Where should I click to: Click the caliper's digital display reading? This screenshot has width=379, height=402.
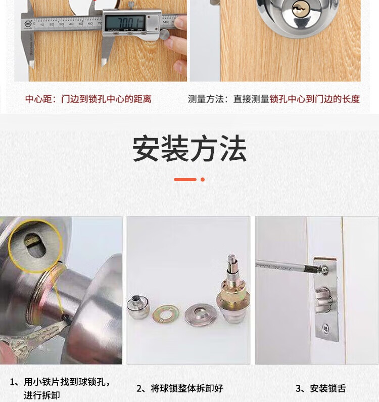pyautogui.click(x=125, y=22)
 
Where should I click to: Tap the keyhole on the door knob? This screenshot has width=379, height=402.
pyautogui.click(x=299, y=10)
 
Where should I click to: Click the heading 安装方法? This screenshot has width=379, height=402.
pyautogui.click(x=189, y=149)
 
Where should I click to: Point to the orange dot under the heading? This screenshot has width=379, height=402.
pyautogui.click(x=203, y=180)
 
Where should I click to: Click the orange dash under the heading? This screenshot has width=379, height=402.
pyautogui.click(x=185, y=180)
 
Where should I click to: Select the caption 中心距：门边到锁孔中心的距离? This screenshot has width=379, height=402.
pyautogui.click(x=88, y=99)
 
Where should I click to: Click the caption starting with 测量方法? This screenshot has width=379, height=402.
pyautogui.click(x=274, y=99)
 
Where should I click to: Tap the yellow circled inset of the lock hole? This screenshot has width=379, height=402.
pyautogui.click(x=35, y=246)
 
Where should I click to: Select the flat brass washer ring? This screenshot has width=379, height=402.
pyautogui.click(x=166, y=313)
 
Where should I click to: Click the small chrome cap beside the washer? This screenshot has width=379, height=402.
pyautogui.click(x=138, y=306)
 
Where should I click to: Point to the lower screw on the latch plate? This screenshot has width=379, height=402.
pyautogui.click(x=325, y=328)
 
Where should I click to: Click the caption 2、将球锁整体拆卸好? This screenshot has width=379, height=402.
pyautogui.click(x=180, y=388)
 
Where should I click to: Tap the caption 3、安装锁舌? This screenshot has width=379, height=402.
pyautogui.click(x=320, y=388)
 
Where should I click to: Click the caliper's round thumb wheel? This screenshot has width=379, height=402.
pyautogui.click(x=164, y=33)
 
